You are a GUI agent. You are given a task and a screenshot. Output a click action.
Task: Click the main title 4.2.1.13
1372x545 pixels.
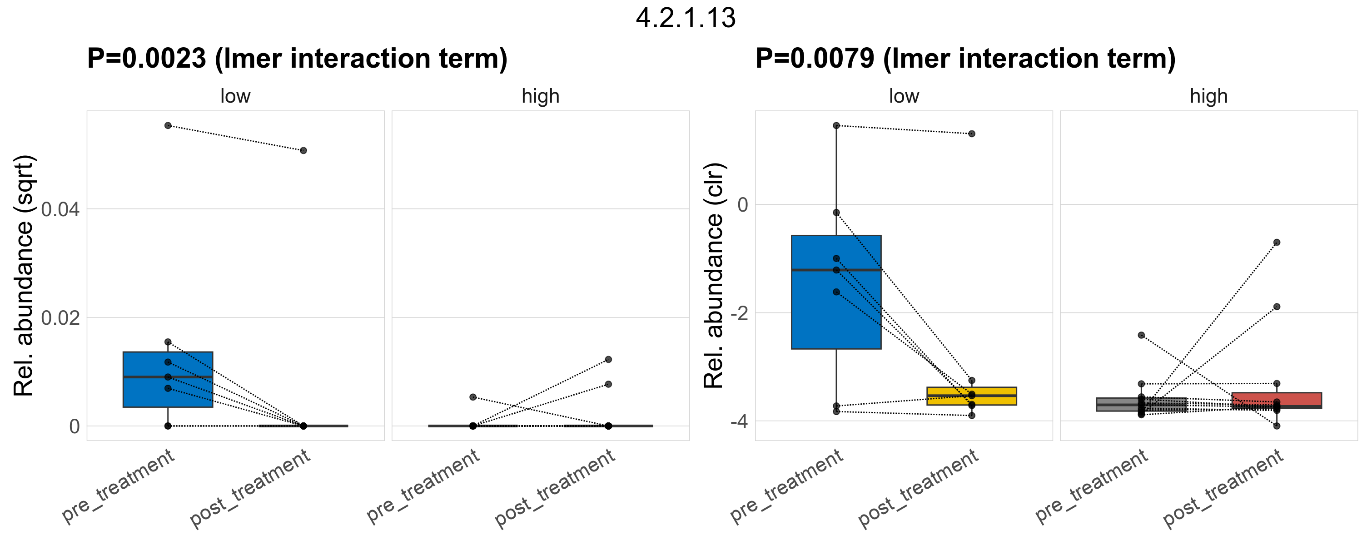coord(686,18)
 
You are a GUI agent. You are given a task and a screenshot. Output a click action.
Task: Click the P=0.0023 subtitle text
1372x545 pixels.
coord(297,59)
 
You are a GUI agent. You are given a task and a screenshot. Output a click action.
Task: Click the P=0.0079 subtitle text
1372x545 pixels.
coord(965,59)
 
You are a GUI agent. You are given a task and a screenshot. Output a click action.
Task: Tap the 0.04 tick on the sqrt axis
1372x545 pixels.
coord(60,210)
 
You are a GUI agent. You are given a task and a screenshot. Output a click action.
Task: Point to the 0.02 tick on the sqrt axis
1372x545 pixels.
coord(60,318)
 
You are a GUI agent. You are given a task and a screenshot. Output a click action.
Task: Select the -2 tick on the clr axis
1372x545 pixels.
coord(739,313)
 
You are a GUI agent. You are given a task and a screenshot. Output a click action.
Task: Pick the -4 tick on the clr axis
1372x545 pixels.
coord(739,421)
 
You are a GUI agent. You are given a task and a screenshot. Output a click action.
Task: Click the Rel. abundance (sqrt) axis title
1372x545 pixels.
coord(24,276)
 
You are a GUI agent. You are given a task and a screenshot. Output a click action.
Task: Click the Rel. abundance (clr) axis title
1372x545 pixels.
coord(714,276)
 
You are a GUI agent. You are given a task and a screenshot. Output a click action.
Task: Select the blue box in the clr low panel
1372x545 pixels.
coord(836,319)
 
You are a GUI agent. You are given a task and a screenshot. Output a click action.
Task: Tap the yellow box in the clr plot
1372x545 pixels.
coord(971,400)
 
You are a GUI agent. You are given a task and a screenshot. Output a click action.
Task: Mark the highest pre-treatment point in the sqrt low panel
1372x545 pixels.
coord(168,126)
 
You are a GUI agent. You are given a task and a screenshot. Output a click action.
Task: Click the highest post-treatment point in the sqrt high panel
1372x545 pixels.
coord(608,360)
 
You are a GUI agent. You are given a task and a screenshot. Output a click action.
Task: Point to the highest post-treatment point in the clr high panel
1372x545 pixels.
coord(1277,243)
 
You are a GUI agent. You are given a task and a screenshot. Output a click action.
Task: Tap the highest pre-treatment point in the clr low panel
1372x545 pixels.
coord(836,126)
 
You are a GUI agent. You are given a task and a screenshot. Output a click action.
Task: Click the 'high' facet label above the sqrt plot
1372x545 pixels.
coord(541,96)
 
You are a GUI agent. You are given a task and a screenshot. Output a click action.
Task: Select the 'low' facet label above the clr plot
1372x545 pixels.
coord(904,96)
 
